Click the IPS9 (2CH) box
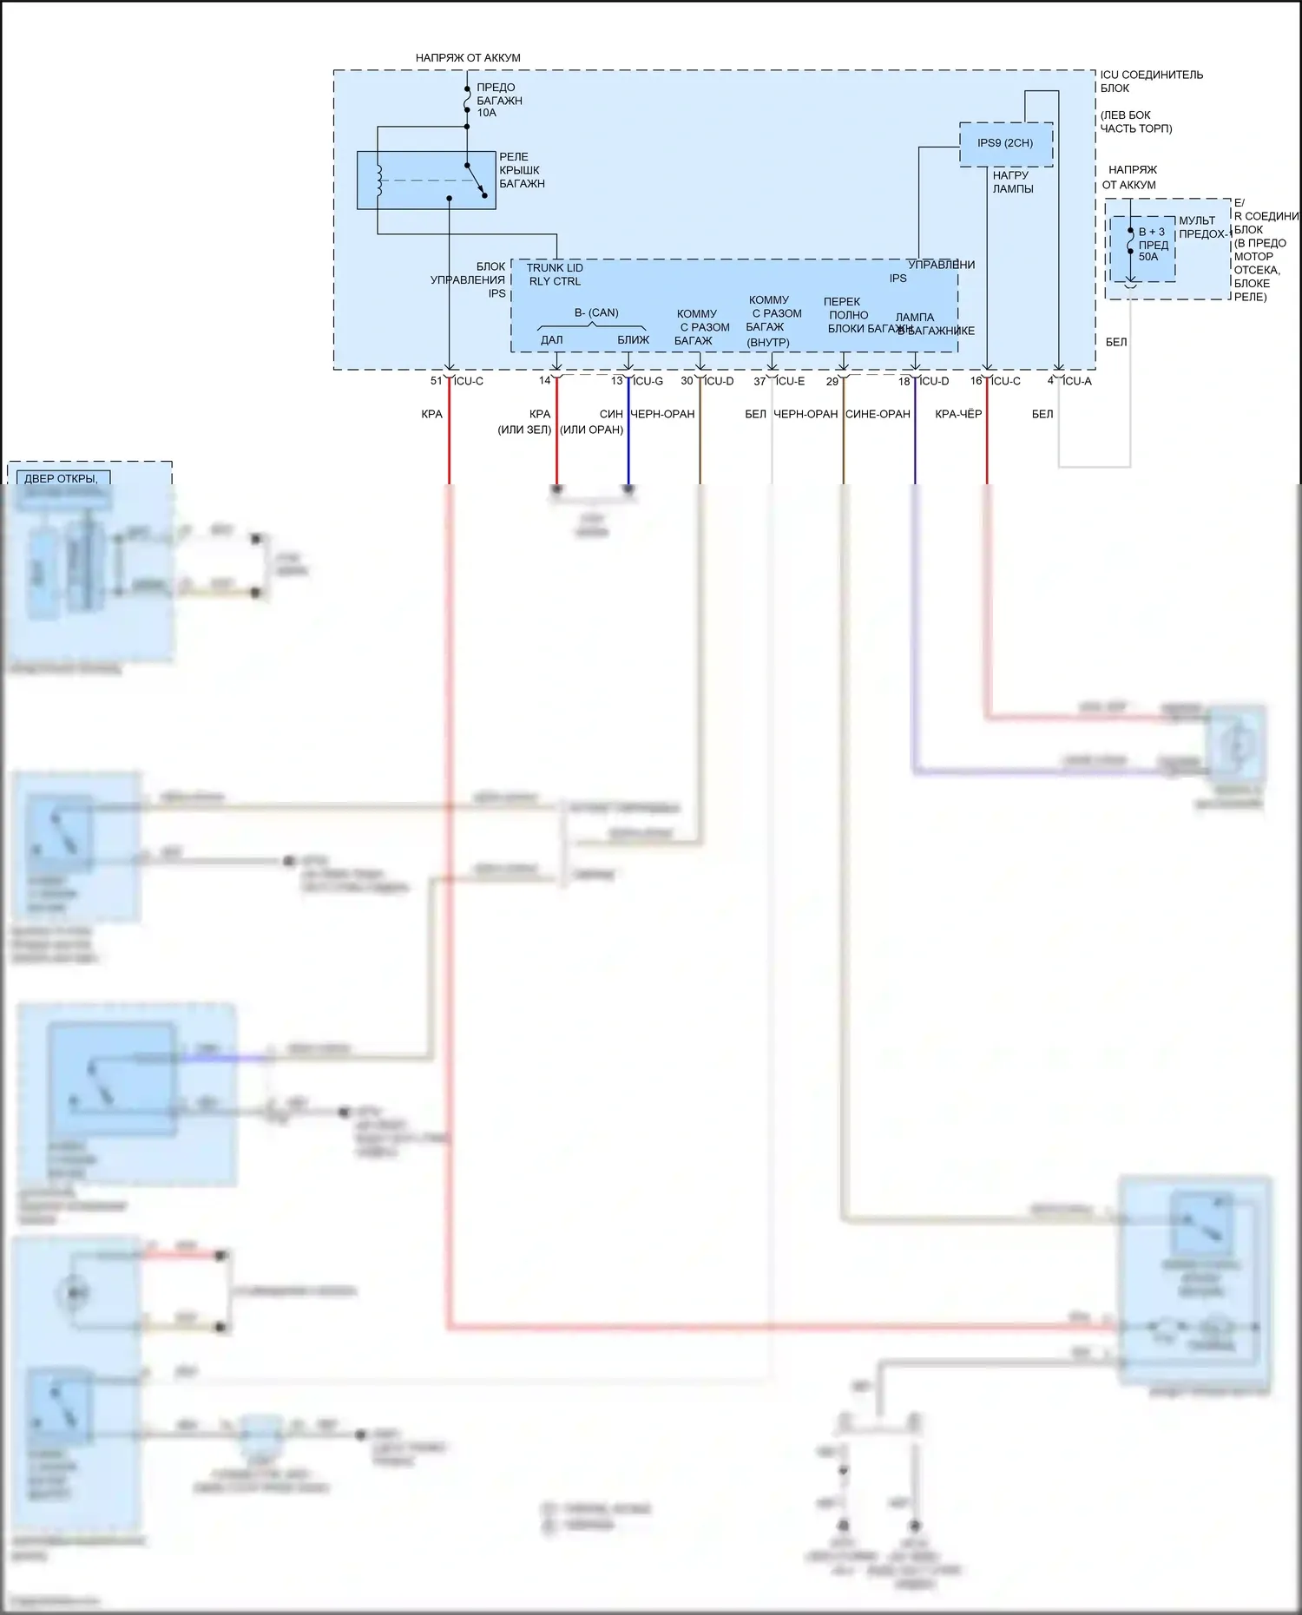coord(1005,143)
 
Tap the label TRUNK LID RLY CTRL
coord(555,274)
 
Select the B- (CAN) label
coord(596,312)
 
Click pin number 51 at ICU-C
coord(437,381)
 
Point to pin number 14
coord(544,381)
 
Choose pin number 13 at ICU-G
coord(616,381)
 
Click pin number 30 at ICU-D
coord(687,381)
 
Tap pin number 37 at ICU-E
coord(759,382)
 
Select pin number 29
coord(832,382)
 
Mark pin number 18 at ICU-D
coord(904,382)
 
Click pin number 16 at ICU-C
coord(976,381)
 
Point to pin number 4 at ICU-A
coord(1050,381)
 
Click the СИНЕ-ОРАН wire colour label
coord(878,414)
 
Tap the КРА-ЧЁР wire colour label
coord(958,414)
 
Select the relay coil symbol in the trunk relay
coord(378,180)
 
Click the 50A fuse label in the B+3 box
coord(1148,257)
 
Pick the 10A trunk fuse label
coord(487,113)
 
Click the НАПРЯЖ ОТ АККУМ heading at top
coord(468,58)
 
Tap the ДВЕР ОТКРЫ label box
coord(60,478)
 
